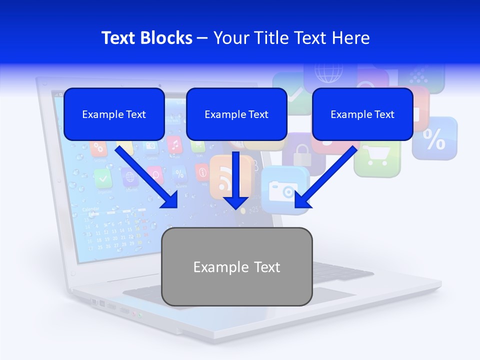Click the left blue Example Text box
pyautogui.click(x=114, y=114)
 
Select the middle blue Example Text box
pyautogui.click(x=236, y=114)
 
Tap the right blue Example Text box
pyautogui.click(x=362, y=114)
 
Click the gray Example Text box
pyautogui.click(x=237, y=266)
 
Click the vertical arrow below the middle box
pyautogui.click(x=236, y=180)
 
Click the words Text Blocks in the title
pyautogui.click(x=146, y=38)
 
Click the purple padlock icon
pyautogui.click(x=301, y=153)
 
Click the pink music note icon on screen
pyautogui.click(x=174, y=145)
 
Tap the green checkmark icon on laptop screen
pyautogui.click(x=103, y=176)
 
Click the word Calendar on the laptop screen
pyautogui.click(x=90, y=209)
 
